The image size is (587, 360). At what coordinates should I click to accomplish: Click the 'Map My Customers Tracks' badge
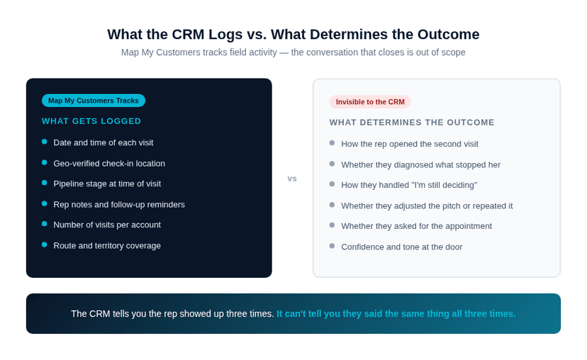coord(94,101)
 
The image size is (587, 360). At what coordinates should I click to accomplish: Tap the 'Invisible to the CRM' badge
coord(370,101)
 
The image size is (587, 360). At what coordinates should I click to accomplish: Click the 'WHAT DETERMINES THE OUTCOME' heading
coord(412,122)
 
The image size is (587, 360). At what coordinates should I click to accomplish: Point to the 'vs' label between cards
coord(292,179)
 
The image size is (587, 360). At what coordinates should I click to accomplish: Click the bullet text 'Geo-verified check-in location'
coord(109,163)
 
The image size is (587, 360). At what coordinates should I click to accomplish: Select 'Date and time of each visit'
coord(103,142)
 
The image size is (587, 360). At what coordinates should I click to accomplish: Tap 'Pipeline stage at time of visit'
coord(107,184)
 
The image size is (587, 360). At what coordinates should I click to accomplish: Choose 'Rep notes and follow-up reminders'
coord(119,204)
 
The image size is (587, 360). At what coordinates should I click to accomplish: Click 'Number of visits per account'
coord(107,225)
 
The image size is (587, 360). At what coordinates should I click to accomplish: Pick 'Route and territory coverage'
coord(107,245)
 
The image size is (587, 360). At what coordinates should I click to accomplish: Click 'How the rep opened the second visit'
coord(410,144)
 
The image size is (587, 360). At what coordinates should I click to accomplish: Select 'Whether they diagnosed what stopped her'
coord(420,164)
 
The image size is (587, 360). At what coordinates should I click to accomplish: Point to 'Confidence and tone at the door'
coord(401,247)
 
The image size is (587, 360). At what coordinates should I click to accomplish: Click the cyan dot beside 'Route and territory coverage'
coord(45,244)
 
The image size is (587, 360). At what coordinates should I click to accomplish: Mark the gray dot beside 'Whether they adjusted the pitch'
coord(332,205)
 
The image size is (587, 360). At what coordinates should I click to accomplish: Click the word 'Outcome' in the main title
coord(449,34)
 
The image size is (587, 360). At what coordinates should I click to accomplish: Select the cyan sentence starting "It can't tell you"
coord(396,313)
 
